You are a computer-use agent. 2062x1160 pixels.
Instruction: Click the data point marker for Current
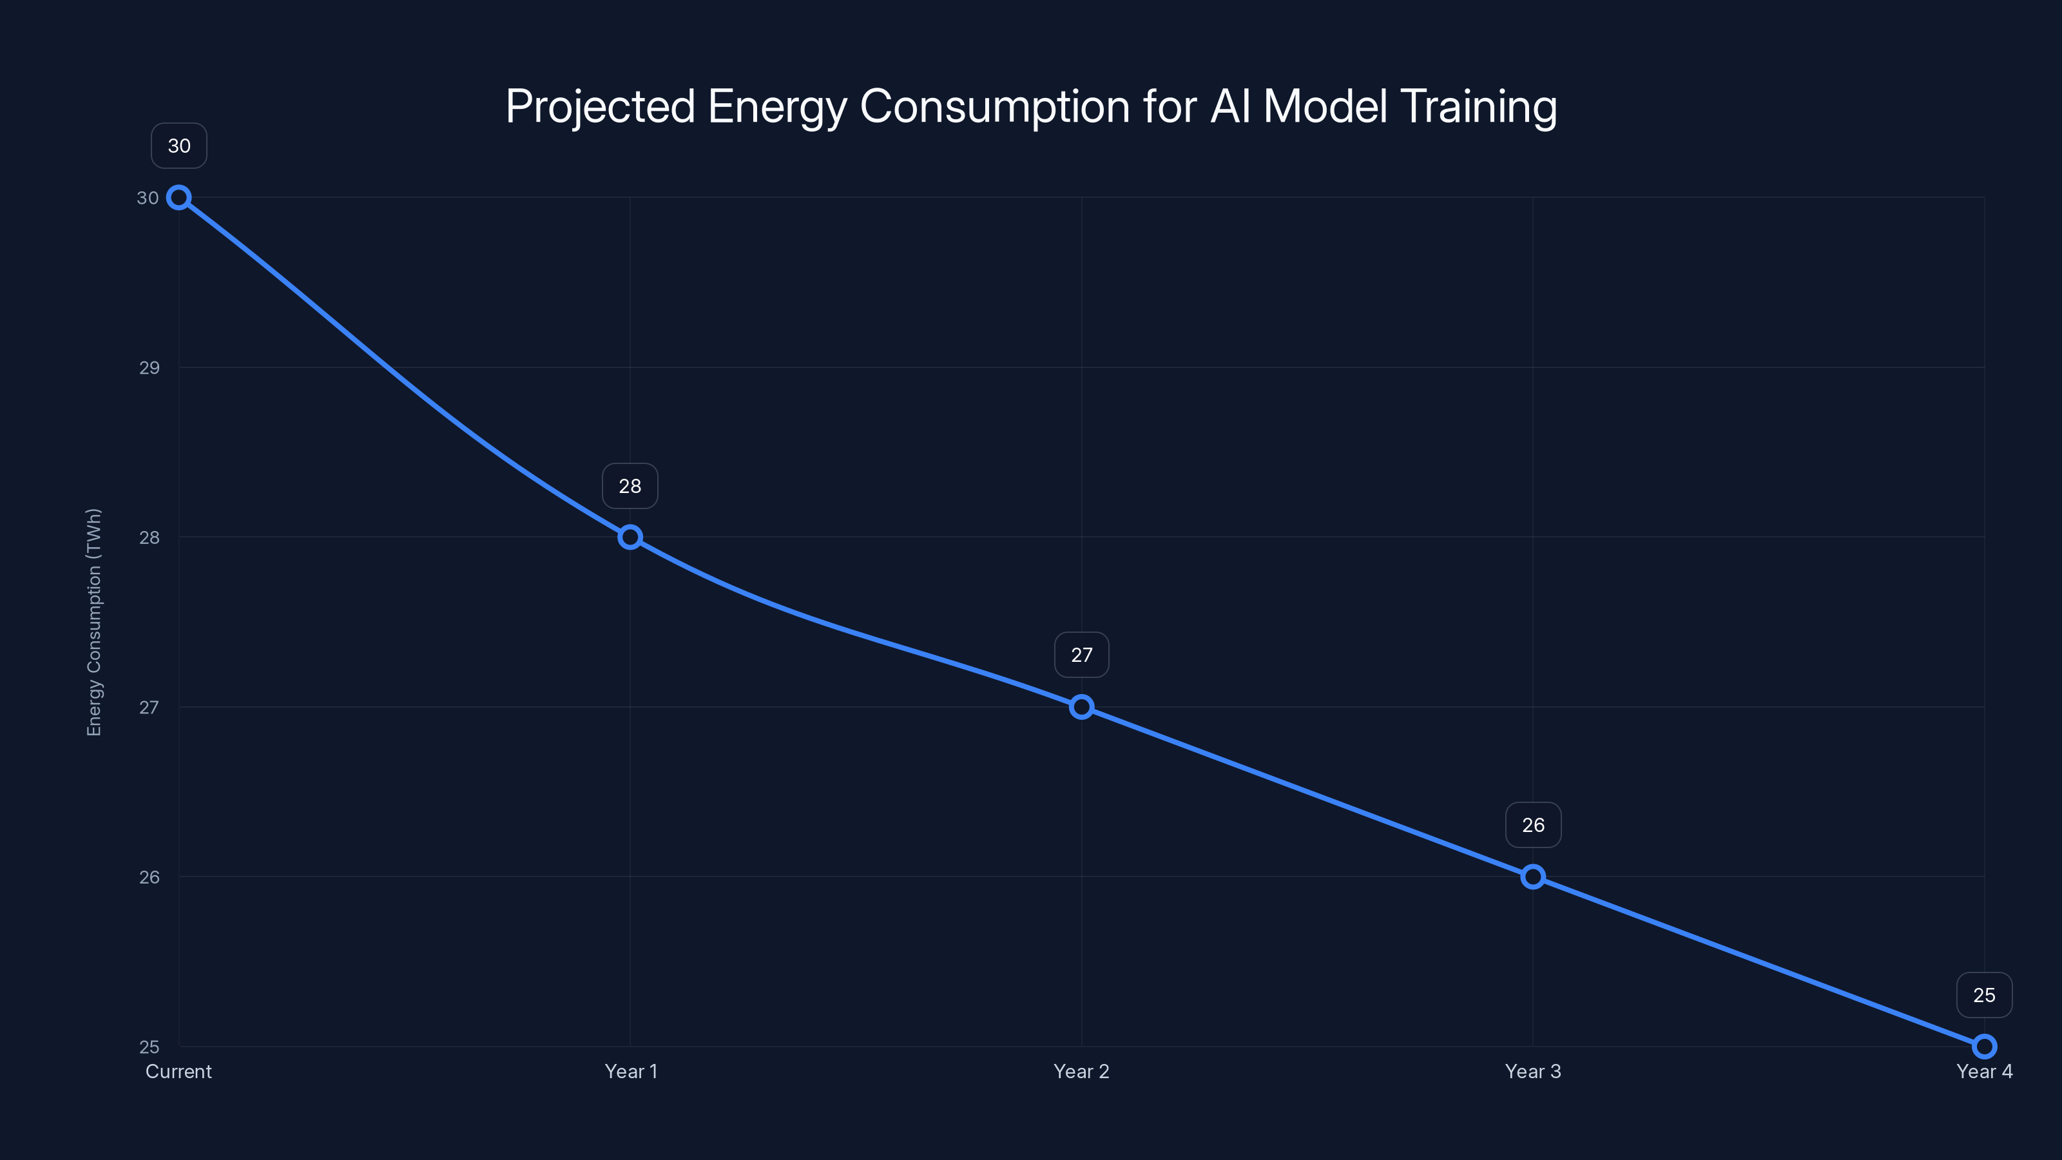point(178,198)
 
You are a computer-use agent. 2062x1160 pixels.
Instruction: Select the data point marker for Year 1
point(630,537)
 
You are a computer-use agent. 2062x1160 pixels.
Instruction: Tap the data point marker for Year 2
point(1081,707)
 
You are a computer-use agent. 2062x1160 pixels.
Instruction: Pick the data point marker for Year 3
point(1533,876)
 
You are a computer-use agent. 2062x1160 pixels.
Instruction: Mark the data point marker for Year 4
point(1985,1047)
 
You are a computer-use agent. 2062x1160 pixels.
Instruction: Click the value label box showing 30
point(179,146)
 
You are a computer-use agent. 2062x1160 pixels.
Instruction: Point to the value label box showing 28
point(630,486)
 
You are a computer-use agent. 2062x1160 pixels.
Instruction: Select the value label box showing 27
point(1081,655)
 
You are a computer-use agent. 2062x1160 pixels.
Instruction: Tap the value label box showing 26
point(1533,826)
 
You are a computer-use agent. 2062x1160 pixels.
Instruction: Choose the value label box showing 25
point(1985,995)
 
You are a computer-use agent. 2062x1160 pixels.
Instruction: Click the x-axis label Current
point(178,1072)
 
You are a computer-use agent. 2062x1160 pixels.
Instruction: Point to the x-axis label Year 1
point(631,1072)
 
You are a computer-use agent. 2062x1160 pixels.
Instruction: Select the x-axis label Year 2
point(1081,1072)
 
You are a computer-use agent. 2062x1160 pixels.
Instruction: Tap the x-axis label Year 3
point(1533,1072)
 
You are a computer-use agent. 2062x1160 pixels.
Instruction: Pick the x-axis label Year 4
point(1985,1072)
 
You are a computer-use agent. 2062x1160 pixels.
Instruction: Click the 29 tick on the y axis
point(149,368)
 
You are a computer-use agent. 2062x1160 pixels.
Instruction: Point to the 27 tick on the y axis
point(149,708)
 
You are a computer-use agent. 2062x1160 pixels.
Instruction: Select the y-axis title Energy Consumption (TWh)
point(95,622)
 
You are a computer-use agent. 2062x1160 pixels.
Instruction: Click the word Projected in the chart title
point(601,106)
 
